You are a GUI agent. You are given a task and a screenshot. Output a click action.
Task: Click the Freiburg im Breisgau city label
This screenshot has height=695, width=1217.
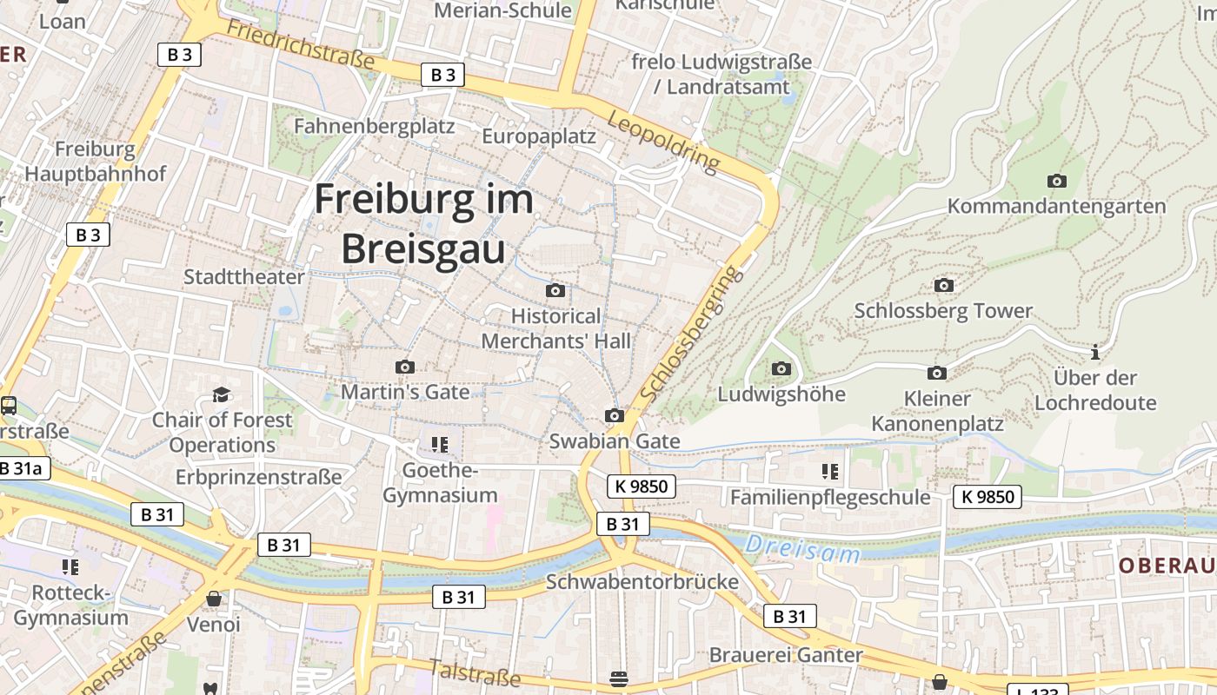pyautogui.click(x=423, y=224)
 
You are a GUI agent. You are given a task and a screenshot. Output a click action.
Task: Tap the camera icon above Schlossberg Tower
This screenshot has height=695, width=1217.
pyautogui.click(x=943, y=285)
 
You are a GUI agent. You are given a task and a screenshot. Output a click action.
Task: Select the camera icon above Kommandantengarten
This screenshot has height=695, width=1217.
pyautogui.click(x=1056, y=181)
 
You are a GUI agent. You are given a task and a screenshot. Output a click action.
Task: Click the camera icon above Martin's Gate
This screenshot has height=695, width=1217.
pyautogui.click(x=404, y=367)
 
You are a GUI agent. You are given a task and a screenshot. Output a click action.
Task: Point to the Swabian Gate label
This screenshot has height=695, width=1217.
pyautogui.click(x=614, y=440)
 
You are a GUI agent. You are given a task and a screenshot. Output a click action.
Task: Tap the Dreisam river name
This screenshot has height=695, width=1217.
pyautogui.click(x=802, y=549)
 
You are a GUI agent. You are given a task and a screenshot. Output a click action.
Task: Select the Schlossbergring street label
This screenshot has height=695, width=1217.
pyautogui.click(x=691, y=334)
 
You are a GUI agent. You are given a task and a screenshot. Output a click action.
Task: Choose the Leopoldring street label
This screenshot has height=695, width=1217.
pyautogui.click(x=664, y=141)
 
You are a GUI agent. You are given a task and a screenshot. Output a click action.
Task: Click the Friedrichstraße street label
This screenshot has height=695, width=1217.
pyautogui.click(x=300, y=44)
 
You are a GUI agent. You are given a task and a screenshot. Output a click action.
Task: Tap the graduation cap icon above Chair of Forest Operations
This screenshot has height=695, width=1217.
pyautogui.click(x=222, y=395)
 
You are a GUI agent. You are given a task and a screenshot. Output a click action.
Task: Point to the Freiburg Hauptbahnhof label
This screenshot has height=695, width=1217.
pyautogui.click(x=95, y=161)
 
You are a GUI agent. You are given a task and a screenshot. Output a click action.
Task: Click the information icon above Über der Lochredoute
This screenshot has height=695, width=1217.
pyautogui.click(x=1095, y=352)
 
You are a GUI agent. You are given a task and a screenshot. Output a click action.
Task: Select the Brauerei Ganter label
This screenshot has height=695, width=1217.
pyautogui.click(x=786, y=654)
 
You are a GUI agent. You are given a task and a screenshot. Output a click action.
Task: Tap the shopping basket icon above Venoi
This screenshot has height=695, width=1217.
pyautogui.click(x=213, y=599)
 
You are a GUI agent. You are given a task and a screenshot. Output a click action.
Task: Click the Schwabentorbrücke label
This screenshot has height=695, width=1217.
pyautogui.click(x=642, y=581)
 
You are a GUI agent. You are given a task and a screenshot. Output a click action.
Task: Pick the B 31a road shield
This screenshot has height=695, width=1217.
pyautogui.click(x=21, y=468)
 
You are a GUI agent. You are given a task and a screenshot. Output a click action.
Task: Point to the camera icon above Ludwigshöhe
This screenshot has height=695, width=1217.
pyautogui.click(x=781, y=368)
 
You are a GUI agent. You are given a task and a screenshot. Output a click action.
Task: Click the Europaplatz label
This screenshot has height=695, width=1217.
pyautogui.click(x=539, y=136)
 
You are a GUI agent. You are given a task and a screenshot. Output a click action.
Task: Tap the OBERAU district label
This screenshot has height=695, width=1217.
pyautogui.click(x=1167, y=566)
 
